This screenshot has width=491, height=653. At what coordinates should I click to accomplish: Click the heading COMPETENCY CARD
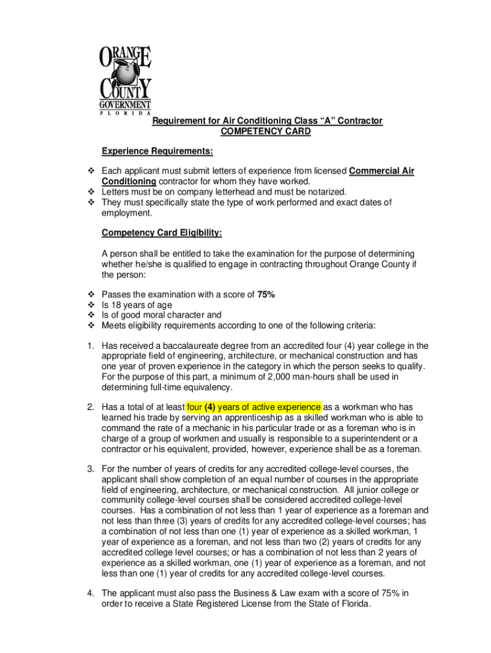pyautogui.click(x=266, y=132)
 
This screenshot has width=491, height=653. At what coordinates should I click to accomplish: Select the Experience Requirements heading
pyautogui.click(x=157, y=152)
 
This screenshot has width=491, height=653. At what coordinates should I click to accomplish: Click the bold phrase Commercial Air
pyautogui.click(x=381, y=172)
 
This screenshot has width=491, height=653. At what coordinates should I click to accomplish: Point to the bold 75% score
pyautogui.click(x=266, y=294)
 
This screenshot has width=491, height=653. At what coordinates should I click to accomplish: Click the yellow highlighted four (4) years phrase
pyautogui.click(x=254, y=407)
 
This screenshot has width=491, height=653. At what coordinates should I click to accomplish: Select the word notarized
pyautogui.click(x=325, y=191)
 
